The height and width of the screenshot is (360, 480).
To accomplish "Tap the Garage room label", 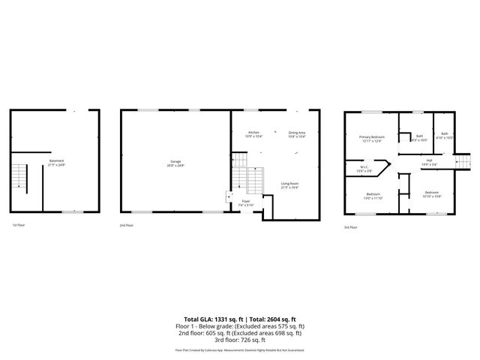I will coord(175,163).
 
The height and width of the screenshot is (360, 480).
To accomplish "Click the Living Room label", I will coord(290,185).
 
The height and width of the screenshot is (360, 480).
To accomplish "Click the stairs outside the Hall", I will coord(463,161).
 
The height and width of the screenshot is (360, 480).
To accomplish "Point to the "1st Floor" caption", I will coord(19,225).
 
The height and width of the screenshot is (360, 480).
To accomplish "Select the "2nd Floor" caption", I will coord(127,225).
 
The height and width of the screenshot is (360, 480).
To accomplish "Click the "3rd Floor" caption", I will coord(351,226).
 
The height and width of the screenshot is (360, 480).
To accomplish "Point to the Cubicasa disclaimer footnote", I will coord(240,349).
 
